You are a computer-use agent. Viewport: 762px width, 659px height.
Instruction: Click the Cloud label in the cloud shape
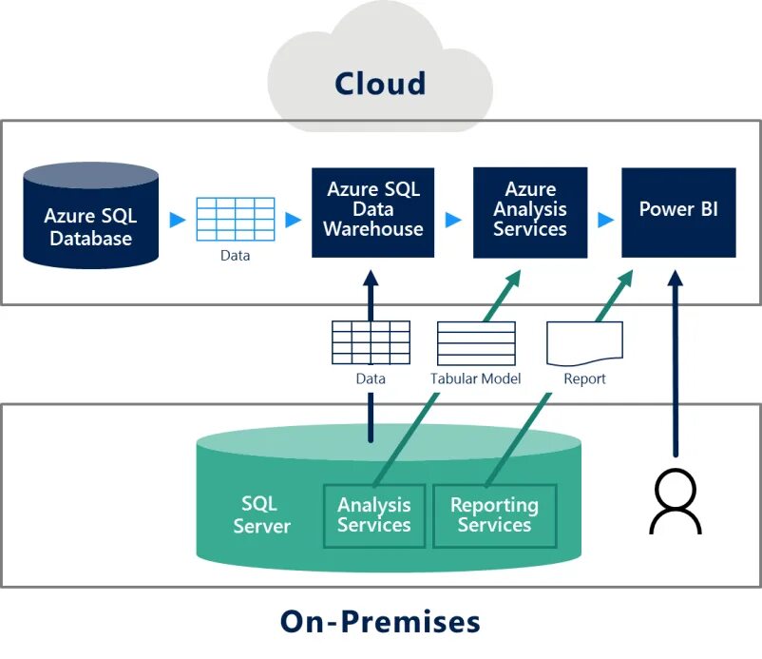click(x=379, y=84)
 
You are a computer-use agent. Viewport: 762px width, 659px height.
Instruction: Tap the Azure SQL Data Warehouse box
click(x=372, y=211)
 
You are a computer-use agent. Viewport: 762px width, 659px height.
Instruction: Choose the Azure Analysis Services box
click(x=530, y=211)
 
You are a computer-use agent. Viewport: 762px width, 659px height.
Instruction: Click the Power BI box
click(x=678, y=211)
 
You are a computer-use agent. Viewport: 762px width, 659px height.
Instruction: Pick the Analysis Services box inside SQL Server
click(x=374, y=515)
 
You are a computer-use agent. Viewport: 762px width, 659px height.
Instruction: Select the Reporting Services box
click(x=494, y=515)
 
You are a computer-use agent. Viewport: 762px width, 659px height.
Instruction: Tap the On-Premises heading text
click(x=380, y=622)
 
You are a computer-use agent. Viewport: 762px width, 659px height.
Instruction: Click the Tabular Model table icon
click(x=476, y=342)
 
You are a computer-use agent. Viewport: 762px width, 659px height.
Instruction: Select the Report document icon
click(x=584, y=342)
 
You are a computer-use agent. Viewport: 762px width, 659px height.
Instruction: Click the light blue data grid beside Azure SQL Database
click(x=236, y=219)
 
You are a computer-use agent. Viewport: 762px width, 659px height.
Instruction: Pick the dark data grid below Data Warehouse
click(x=371, y=342)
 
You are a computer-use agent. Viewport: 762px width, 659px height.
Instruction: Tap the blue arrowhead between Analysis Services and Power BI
click(x=605, y=220)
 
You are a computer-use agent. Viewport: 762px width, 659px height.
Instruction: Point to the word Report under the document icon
click(x=584, y=378)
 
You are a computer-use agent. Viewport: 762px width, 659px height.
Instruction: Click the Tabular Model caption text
click(x=476, y=378)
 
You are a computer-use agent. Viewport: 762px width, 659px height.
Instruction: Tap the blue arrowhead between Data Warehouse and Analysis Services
click(x=453, y=220)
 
